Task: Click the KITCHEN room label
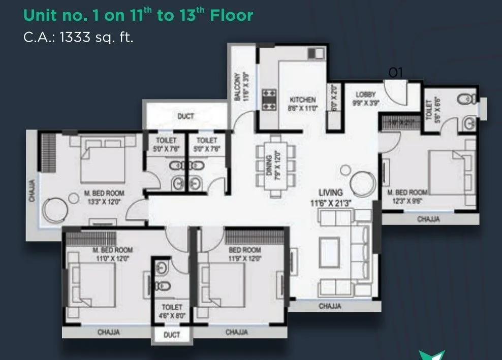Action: pos(303,100)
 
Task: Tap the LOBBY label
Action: pos(365,94)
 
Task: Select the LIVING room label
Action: pos(330,192)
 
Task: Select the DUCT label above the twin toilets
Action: pos(186,117)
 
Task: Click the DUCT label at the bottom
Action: pos(171,335)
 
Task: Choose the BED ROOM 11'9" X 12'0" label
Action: pos(245,254)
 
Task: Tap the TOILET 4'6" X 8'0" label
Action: pos(171,311)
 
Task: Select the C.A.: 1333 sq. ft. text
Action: pos(79,37)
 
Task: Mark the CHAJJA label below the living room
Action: pos(330,306)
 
